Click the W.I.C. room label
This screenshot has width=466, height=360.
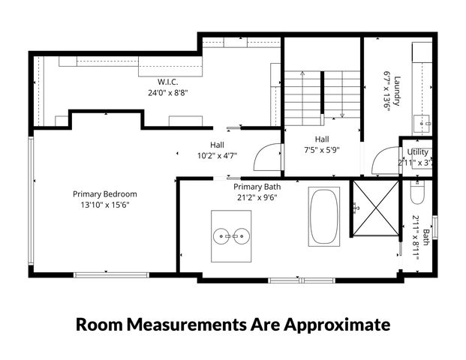tap(167, 81)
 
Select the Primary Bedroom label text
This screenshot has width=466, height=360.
tap(104, 193)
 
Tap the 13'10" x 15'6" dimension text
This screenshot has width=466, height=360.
tap(105, 205)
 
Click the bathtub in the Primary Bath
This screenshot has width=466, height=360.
tap(323, 217)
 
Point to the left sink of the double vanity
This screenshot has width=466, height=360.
tap(223, 236)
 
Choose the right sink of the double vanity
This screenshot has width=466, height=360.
tap(242, 236)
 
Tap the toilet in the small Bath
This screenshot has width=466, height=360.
tap(418, 193)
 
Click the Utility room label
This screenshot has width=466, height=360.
tap(417, 152)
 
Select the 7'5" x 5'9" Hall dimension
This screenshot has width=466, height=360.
tap(322, 149)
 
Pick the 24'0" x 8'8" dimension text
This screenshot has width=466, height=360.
tap(167, 93)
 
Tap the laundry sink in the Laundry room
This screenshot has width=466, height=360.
tap(422, 121)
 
